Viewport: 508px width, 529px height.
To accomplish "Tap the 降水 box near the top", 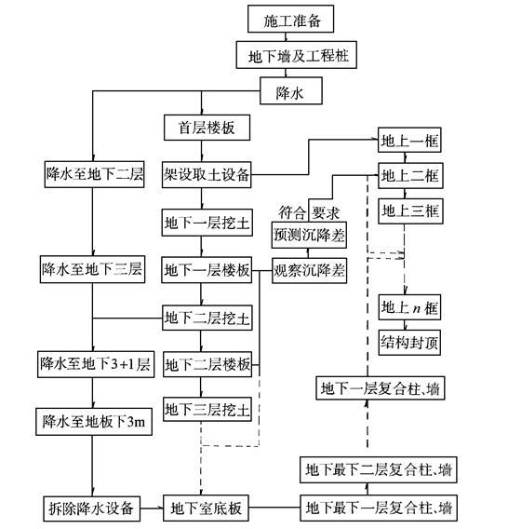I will [285, 92].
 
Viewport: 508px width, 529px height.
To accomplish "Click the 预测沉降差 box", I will [309, 235].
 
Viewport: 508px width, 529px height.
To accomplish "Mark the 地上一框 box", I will [409, 142].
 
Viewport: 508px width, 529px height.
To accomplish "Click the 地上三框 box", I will [409, 210].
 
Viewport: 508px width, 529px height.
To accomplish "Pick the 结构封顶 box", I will [409, 341].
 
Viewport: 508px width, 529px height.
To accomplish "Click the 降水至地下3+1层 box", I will [92, 362].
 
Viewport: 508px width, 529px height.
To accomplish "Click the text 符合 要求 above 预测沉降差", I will [311, 210].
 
